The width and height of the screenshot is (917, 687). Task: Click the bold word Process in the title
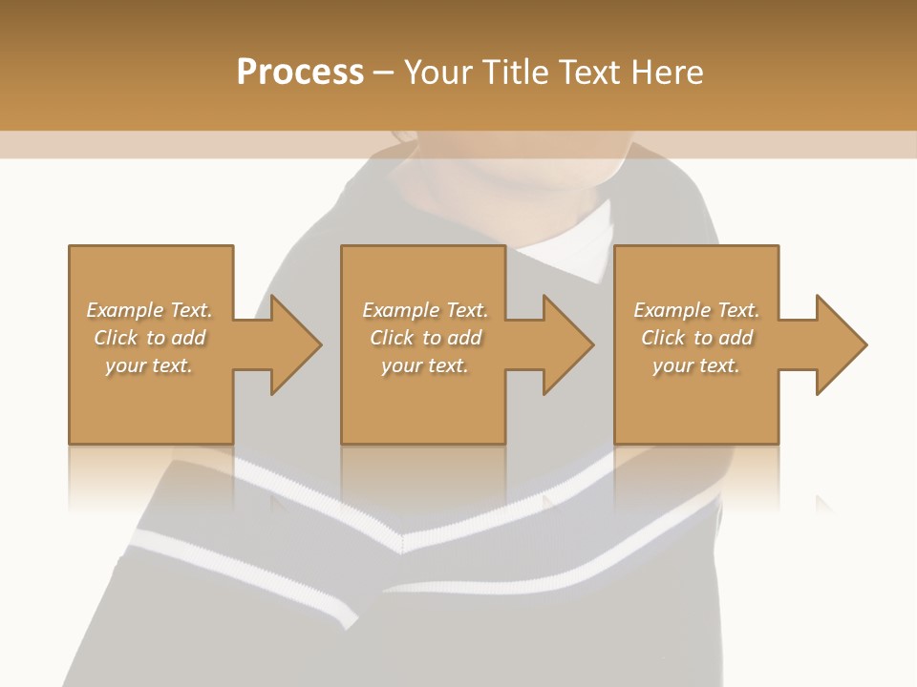coord(300,73)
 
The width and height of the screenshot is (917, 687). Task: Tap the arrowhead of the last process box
coord(840,344)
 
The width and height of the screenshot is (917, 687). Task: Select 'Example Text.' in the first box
coord(149,310)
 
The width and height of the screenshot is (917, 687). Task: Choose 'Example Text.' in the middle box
coord(424,310)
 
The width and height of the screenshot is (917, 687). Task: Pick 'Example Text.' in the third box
coord(696,310)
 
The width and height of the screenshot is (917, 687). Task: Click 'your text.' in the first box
coord(149,365)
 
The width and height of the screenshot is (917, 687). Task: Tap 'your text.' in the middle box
coord(424,365)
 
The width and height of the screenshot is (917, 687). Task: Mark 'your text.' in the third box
coord(696,365)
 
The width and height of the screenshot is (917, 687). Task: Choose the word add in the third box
coord(737,338)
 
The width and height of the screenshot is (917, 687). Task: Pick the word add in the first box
coord(189,338)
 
